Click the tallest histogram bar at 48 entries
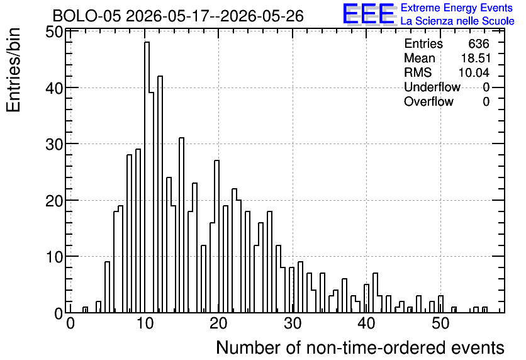[x=147, y=177]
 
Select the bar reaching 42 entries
[x=160, y=194]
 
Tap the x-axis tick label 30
[x=293, y=323]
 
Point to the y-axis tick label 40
[x=54, y=89]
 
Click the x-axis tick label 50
[x=440, y=323]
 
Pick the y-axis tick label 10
[x=54, y=257]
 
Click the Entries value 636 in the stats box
[x=479, y=43]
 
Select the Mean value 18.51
[x=476, y=58]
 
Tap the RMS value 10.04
[x=474, y=72]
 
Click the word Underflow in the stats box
[x=432, y=87]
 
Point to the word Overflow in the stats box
[x=428, y=101]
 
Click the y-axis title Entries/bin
[x=13, y=70]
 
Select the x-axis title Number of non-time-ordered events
[x=360, y=347]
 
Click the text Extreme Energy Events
[x=457, y=8]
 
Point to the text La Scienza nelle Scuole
[x=457, y=21]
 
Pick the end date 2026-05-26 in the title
[x=262, y=16]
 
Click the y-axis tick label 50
[x=54, y=32]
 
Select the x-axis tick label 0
[x=70, y=323]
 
